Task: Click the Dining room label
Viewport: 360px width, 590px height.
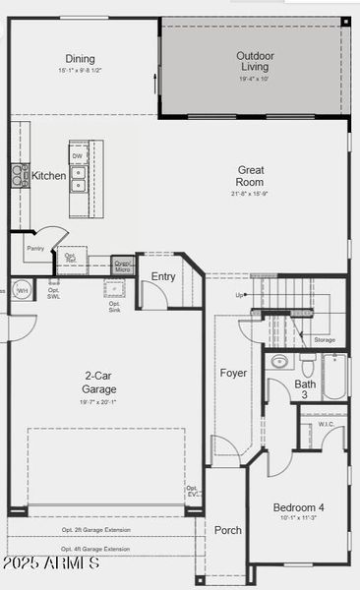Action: point(81,58)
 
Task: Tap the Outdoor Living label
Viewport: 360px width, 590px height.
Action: point(254,61)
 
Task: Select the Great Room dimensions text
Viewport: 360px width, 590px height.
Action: point(250,194)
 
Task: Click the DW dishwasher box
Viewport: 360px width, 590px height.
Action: point(78,154)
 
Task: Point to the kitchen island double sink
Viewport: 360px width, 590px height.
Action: point(78,178)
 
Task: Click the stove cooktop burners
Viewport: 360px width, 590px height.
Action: point(20,175)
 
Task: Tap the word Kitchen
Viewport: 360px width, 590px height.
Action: point(49,176)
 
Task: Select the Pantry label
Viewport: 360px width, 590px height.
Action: point(36,249)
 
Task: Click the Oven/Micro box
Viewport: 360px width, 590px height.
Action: point(122,265)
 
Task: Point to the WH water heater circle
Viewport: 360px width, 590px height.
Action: point(22,290)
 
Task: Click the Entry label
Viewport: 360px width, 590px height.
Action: point(163,276)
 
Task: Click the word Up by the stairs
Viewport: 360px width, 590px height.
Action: point(240,295)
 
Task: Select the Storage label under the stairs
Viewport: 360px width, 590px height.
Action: point(325,340)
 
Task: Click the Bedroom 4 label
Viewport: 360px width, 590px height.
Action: point(299,507)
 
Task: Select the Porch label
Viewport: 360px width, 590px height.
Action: point(228,530)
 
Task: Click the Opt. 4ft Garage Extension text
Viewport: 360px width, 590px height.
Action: point(94,549)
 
